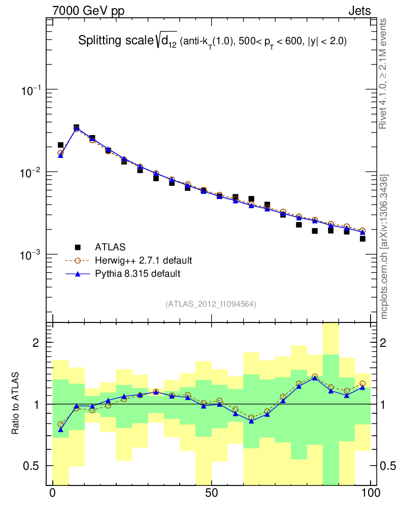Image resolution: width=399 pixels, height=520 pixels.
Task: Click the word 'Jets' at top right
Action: [x=359, y=11]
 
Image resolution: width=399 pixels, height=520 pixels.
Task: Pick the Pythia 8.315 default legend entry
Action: [x=137, y=274]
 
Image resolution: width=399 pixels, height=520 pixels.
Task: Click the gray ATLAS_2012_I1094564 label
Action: [x=211, y=304]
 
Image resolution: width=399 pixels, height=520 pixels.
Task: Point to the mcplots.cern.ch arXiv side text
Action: [x=384, y=247]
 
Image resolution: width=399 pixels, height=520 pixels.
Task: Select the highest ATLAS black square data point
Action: [x=76, y=127]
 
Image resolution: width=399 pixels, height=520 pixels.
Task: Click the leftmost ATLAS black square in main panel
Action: [x=60, y=145]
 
